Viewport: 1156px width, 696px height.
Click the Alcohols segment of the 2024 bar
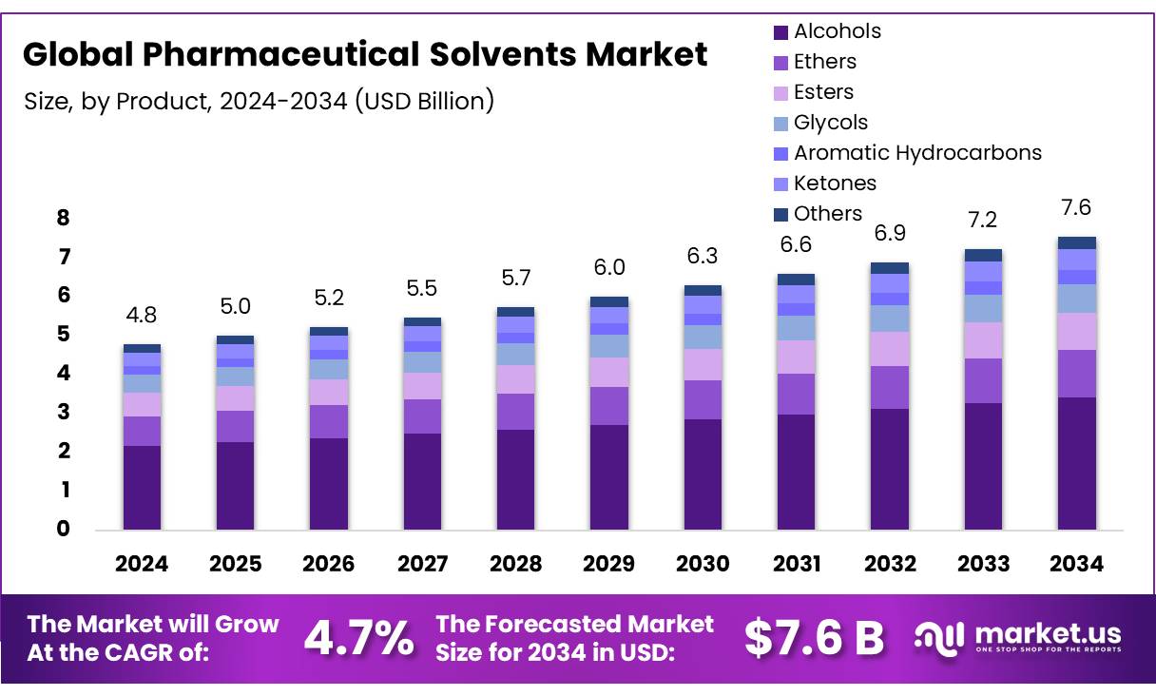142,487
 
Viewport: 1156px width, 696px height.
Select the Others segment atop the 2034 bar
1077,242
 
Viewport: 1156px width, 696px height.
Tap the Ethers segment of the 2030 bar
703,399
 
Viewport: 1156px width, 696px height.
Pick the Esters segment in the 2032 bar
890,349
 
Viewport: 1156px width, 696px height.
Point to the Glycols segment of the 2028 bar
515,354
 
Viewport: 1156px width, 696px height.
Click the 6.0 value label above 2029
609,268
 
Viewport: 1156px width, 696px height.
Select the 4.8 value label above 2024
142,315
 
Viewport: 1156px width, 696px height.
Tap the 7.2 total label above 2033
983,220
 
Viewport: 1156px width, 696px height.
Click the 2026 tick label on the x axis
328,564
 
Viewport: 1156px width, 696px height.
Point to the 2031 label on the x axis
796,564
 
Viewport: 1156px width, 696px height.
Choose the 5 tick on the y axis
63,335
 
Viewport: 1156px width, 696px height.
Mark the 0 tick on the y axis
63,530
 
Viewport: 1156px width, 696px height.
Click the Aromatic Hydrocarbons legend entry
916,153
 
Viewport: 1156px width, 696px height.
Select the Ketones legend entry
835,184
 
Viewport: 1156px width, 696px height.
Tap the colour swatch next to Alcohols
780,32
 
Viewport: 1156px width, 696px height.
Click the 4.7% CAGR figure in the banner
358,637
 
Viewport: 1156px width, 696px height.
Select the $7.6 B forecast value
814,637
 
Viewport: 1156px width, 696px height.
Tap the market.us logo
1018,637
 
